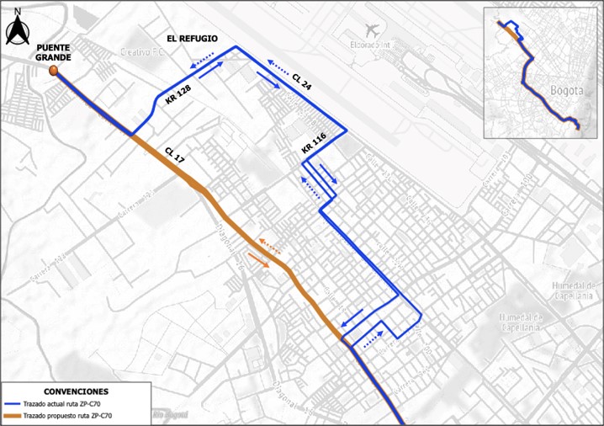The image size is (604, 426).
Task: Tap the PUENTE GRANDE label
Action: tap(54, 51)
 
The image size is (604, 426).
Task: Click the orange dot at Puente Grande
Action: tap(54, 72)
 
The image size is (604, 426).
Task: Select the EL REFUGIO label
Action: tap(193, 39)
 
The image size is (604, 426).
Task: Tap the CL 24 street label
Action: tap(302, 81)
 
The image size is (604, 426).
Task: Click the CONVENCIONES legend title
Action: tap(76, 391)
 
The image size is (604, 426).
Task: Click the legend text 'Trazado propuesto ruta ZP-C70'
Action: tap(68, 417)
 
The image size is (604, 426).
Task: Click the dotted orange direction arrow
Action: tap(270, 246)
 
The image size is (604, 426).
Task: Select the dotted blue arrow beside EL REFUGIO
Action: tap(202, 61)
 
